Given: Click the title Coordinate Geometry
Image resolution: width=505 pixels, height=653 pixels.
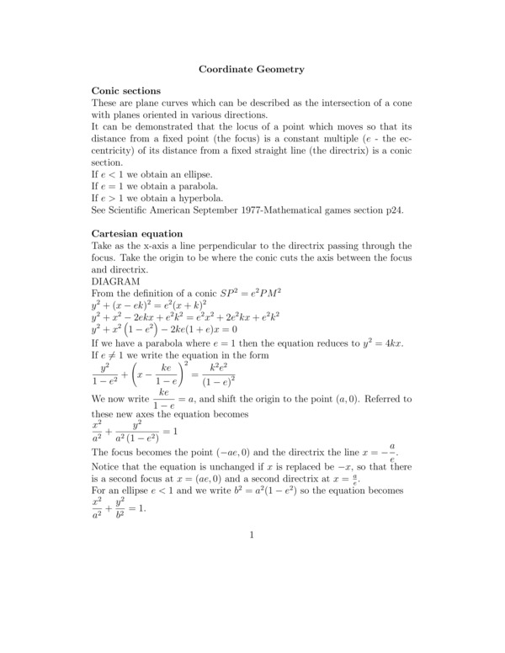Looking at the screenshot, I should point(252,68).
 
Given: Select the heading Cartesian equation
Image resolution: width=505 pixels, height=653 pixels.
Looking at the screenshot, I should point(136,233).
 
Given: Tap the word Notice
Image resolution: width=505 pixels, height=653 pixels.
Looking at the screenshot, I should point(107,466).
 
